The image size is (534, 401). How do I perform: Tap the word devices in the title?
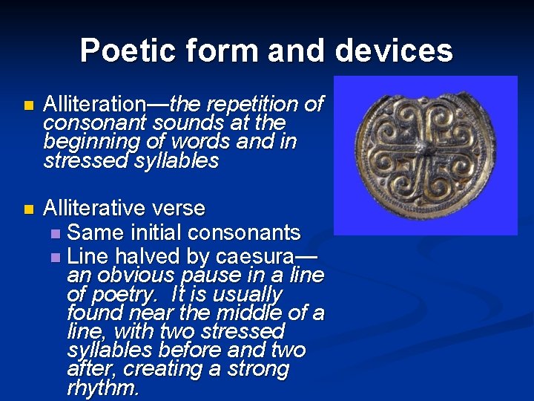(393, 50)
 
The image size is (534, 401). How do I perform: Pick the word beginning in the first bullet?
(85, 141)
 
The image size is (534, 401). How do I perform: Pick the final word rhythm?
(102, 388)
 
